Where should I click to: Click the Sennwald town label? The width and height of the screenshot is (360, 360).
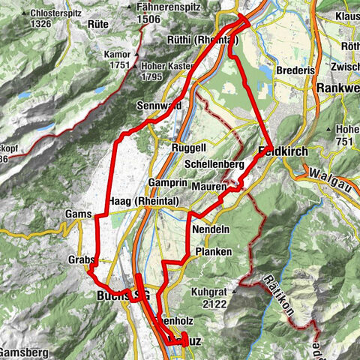point(157,106)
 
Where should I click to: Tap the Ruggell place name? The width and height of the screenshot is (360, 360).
point(188,148)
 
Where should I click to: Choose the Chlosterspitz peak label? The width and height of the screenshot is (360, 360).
point(59,12)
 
